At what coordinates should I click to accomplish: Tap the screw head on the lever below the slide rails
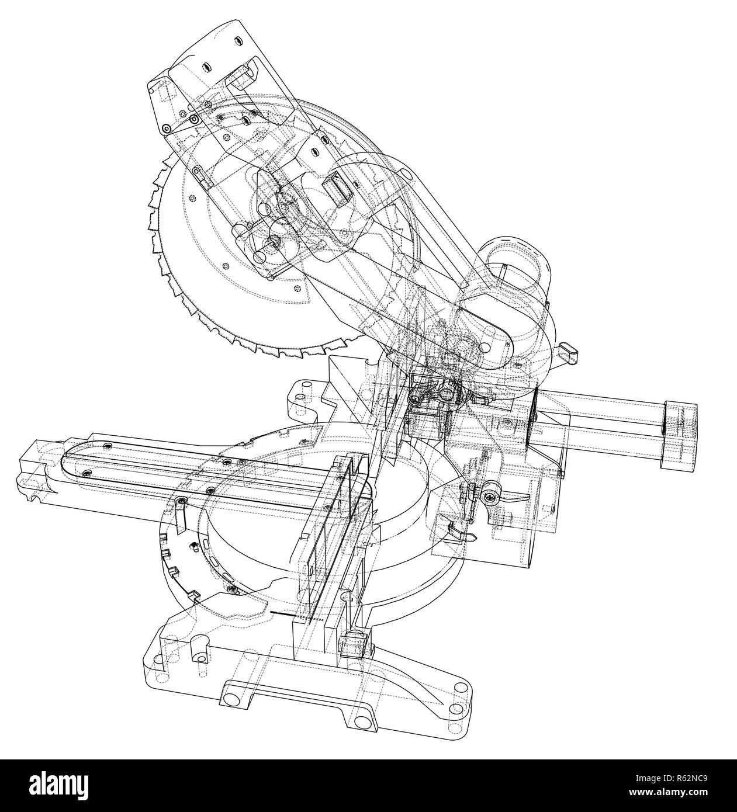pyautogui.click(x=489, y=497)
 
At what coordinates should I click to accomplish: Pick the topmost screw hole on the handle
pyautogui.click(x=238, y=40)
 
